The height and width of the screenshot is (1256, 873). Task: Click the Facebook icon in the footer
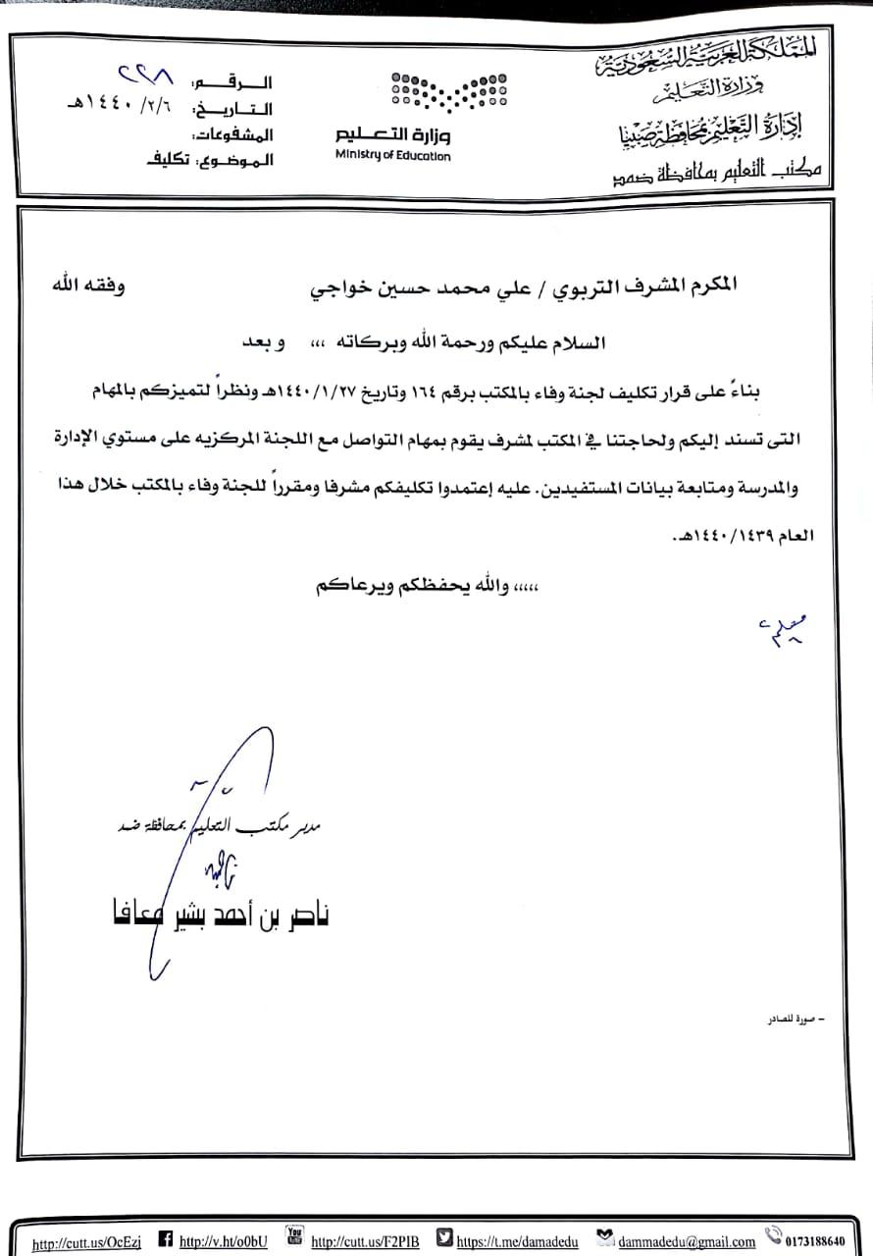click(165, 1239)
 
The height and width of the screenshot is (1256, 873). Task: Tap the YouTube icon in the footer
click(293, 1234)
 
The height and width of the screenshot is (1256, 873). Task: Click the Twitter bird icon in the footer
click(444, 1238)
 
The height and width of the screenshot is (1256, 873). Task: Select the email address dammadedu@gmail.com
click(687, 1241)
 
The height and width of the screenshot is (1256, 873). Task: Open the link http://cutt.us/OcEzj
click(86, 1243)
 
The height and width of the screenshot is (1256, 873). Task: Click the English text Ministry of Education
click(392, 155)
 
